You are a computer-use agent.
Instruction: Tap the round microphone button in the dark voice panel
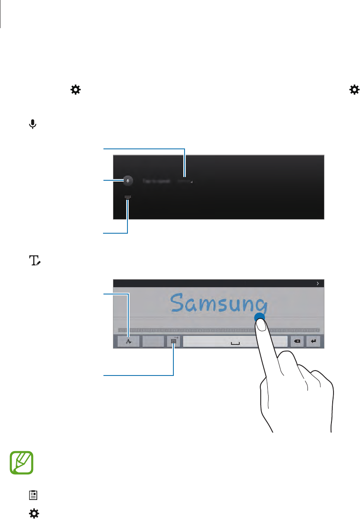click(x=128, y=180)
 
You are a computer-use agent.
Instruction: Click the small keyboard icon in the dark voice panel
click(x=127, y=197)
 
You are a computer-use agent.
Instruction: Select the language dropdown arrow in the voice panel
click(x=192, y=182)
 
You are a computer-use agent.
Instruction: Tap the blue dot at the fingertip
click(x=259, y=317)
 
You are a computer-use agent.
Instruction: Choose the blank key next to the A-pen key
click(x=153, y=342)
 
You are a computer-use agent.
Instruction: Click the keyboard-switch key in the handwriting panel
click(x=173, y=342)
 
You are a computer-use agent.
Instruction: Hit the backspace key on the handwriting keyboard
click(x=297, y=342)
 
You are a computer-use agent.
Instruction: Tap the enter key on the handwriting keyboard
click(x=314, y=342)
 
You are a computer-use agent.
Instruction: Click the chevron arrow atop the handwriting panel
click(x=317, y=284)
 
